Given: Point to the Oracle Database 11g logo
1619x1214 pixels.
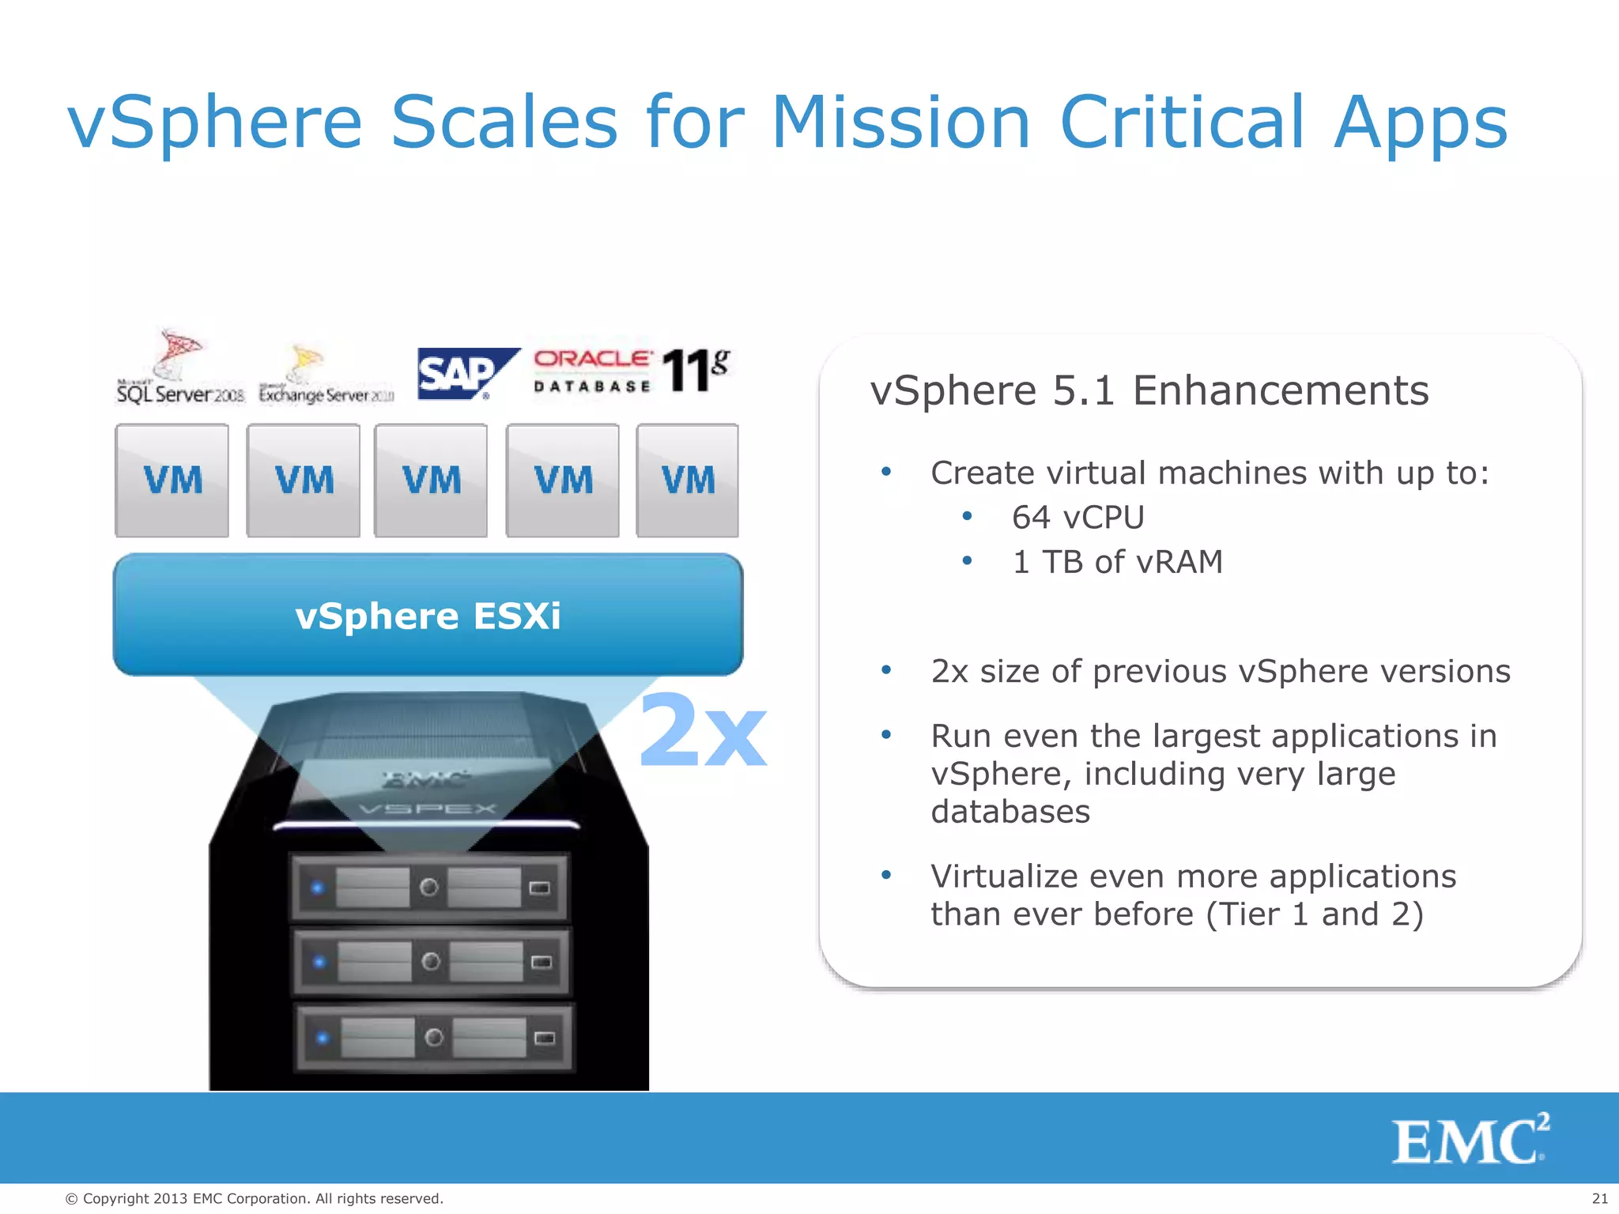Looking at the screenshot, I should pos(631,371).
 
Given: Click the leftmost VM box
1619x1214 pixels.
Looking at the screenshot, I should pos(172,481).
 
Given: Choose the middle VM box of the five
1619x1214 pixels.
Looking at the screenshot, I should pos(431,481).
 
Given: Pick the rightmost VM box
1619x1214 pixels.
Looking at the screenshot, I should pos(688,481).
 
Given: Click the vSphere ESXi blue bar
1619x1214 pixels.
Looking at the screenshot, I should pos(428,615).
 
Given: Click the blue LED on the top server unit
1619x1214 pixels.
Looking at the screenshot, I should pos(318,888).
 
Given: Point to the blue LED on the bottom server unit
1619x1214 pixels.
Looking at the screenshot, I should pos(322,1037).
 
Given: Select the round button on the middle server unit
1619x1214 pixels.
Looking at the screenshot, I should pos(431,962).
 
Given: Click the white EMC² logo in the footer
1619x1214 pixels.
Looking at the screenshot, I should pos(1470,1139).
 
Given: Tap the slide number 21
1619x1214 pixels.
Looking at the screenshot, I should pos(1599,1198).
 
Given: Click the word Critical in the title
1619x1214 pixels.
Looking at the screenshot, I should pos(1181,123).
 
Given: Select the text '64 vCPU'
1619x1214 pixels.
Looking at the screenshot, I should pos(1077,518).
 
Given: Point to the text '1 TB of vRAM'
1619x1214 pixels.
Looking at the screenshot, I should pos(1117,562).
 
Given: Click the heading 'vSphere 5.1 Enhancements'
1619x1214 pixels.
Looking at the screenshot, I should pos(1149,390).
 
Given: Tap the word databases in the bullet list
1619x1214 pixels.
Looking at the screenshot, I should pos(1010,812).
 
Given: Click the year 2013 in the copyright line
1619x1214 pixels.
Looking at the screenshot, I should pos(171,1199).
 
